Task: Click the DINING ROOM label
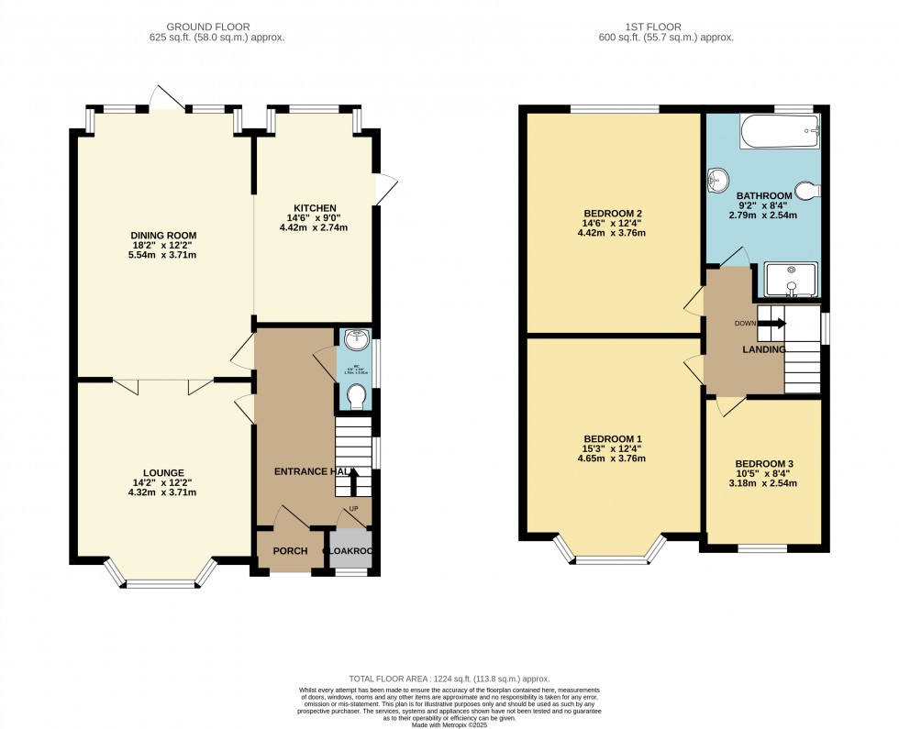coord(163,236)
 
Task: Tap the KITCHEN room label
coord(315,208)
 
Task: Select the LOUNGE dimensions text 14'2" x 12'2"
coord(163,482)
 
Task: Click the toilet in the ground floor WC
coord(355,396)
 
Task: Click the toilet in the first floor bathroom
coord(806,191)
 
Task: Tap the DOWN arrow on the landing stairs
coord(776,323)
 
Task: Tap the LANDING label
coord(763,349)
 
